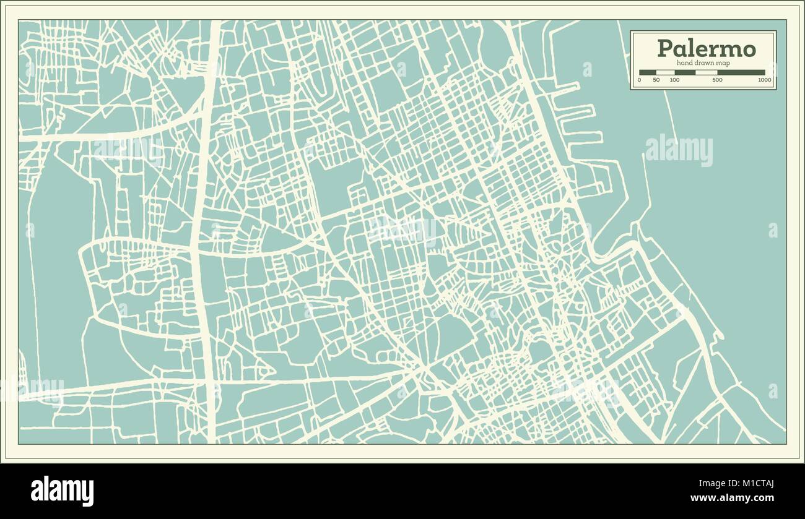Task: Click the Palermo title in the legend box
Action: click(706, 48)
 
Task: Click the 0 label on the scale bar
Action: click(640, 80)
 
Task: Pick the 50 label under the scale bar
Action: click(656, 80)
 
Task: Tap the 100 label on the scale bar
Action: click(674, 80)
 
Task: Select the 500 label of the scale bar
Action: click(717, 80)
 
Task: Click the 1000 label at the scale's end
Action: click(765, 80)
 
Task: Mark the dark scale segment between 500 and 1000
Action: click(741, 72)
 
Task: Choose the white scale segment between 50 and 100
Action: click(666, 72)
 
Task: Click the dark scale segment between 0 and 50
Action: click(648, 72)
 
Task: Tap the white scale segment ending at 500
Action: click(706, 72)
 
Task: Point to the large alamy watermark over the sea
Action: click(679, 150)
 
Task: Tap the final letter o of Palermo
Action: click(748, 49)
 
